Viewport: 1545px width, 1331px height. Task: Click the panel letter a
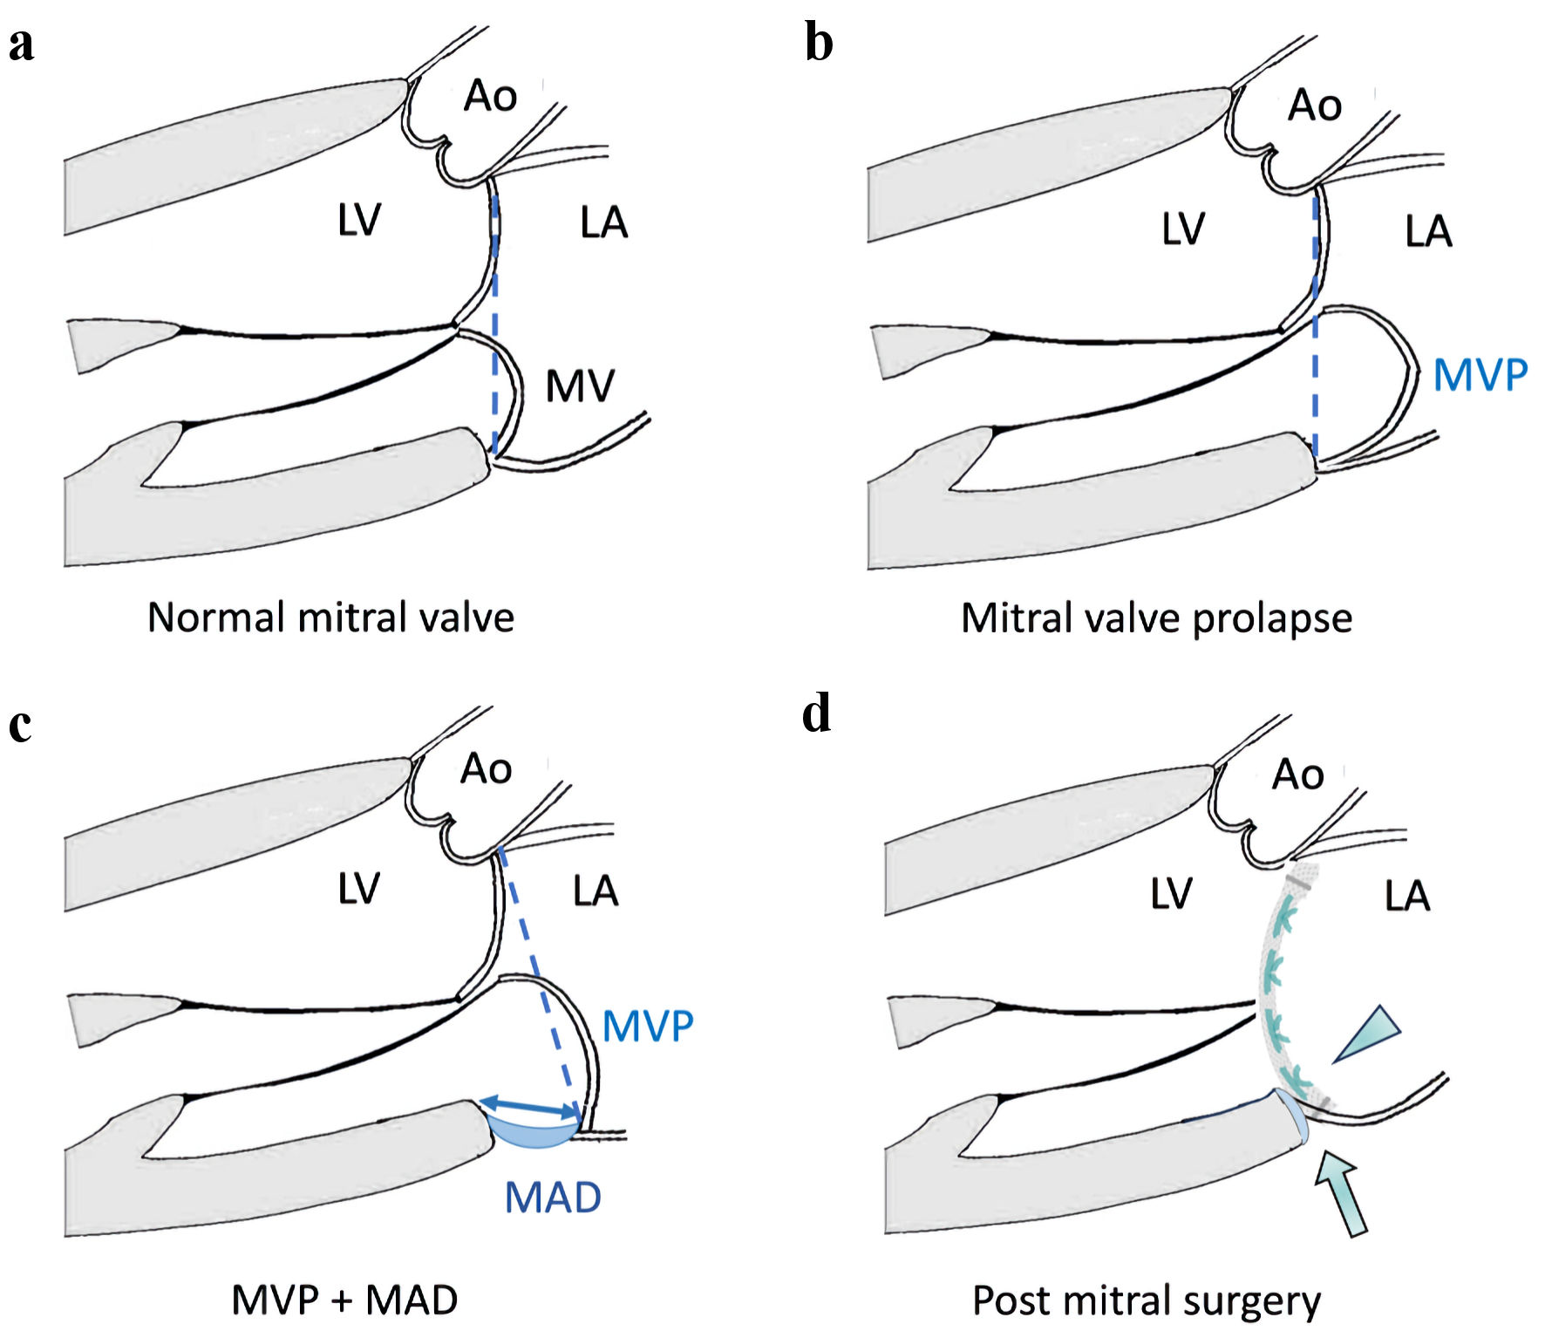tap(22, 45)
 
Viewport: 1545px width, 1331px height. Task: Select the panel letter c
tap(21, 725)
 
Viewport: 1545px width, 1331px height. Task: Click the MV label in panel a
tap(580, 386)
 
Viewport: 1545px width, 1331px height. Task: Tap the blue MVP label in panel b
tap(1480, 375)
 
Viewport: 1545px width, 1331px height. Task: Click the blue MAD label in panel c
tap(553, 1198)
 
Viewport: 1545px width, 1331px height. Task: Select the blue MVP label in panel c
tap(648, 1026)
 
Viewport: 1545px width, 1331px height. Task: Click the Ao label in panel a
tap(490, 95)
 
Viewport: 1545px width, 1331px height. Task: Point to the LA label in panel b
tap(1428, 231)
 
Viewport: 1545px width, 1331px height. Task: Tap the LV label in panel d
tap(1170, 894)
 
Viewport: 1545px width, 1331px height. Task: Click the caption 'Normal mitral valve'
tap(330, 618)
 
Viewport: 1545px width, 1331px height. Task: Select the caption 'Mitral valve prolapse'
tap(1156, 618)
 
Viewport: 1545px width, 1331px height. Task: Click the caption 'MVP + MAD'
tap(344, 1300)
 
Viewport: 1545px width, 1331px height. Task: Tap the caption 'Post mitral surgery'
tap(1147, 1301)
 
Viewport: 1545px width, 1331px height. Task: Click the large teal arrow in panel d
tap(1340, 1192)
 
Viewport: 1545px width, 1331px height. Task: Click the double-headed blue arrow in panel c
tap(529, 1107)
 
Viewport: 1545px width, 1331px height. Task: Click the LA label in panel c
tap(596, 891)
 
